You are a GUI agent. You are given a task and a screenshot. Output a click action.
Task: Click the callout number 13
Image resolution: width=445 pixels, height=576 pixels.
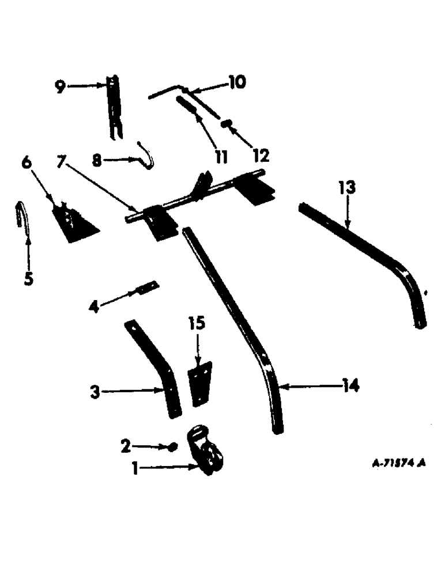click(x=348, y=188)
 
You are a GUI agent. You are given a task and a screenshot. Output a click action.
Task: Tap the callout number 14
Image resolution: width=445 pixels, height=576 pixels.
click(x=349, y=386)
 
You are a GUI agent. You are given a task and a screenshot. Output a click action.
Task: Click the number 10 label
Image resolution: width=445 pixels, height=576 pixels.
click(x=237, y=82)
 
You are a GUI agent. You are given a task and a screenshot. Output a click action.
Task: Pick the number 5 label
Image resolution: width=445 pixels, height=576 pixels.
click(x=28, y=279)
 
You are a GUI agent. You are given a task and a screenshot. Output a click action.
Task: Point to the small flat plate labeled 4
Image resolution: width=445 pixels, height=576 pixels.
click(x=148, y=286)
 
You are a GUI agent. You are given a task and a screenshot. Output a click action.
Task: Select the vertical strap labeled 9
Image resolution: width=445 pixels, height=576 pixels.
click(x=115, y=109)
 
